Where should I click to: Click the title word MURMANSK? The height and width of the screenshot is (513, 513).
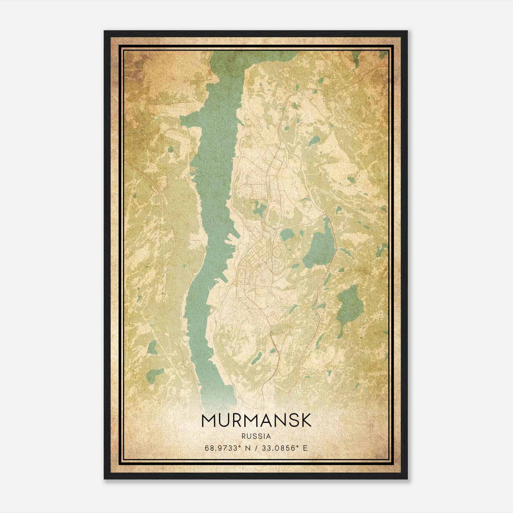point(256,420)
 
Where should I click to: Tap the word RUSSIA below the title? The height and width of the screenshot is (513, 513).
point(256,436)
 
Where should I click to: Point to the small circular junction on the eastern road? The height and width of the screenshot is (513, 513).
point(325,213)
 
